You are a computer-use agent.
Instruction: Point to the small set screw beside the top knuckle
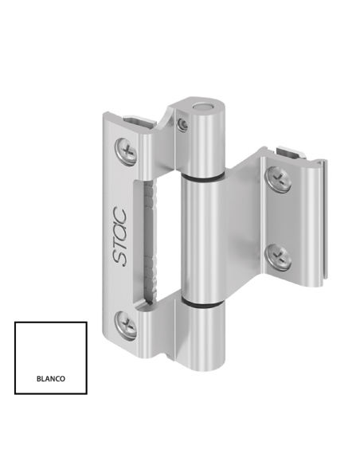[184, 124]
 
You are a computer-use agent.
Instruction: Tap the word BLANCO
[50, 379]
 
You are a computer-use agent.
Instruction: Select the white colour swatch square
[50, 358]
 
